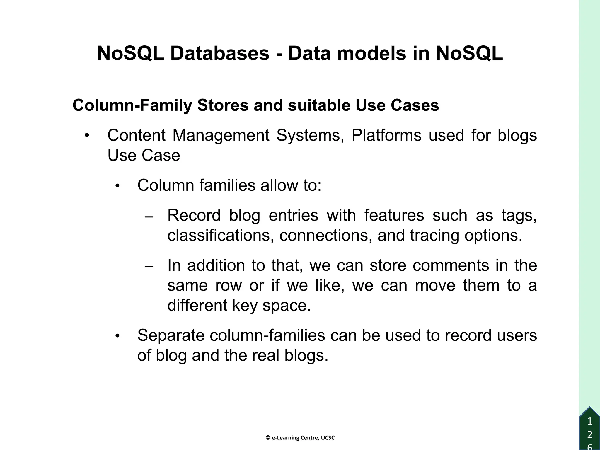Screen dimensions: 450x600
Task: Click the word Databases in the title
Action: point(220,54)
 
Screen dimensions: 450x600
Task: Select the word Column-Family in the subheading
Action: point(132,105)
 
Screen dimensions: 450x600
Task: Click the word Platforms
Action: point(386,136)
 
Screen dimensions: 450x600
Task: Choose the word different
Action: point(197,305)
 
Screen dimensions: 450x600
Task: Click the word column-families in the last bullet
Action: point(267,335)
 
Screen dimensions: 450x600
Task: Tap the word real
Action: point(265,355)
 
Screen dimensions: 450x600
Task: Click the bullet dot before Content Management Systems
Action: point(86,136)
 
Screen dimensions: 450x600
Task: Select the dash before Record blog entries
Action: point(149,217)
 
